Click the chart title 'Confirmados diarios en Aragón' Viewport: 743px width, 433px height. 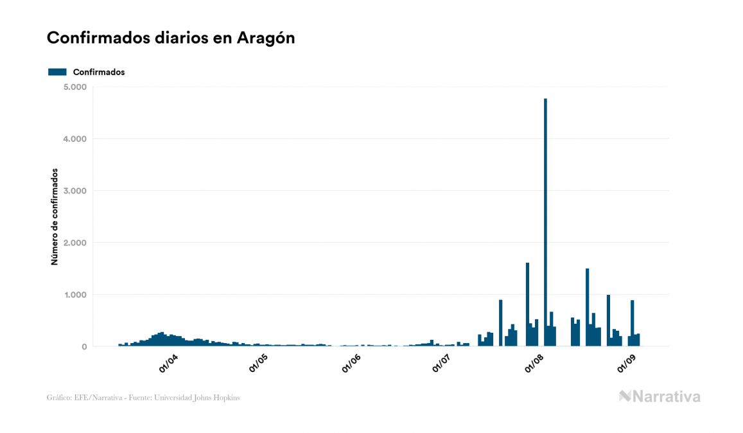[x=171, y=38]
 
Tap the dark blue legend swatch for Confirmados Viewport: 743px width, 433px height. [x=57, y=72]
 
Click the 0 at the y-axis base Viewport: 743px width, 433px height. [x=83, y=347]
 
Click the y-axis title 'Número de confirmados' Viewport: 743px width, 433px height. [x=55, y=217]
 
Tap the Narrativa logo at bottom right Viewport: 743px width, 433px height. [x=660, y=396]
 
